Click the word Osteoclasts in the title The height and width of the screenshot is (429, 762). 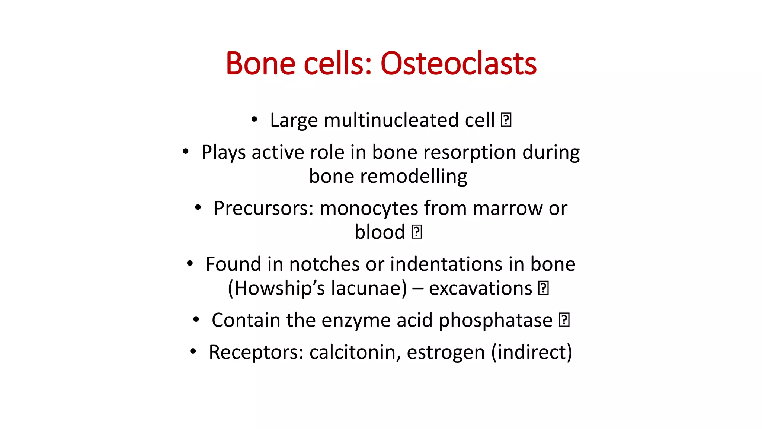point(458,64)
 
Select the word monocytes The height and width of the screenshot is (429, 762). point(369,209)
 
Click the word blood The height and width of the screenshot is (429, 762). point(380,232)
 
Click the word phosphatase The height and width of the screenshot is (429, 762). point(495,321)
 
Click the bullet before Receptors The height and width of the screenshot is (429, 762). point(193,352)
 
